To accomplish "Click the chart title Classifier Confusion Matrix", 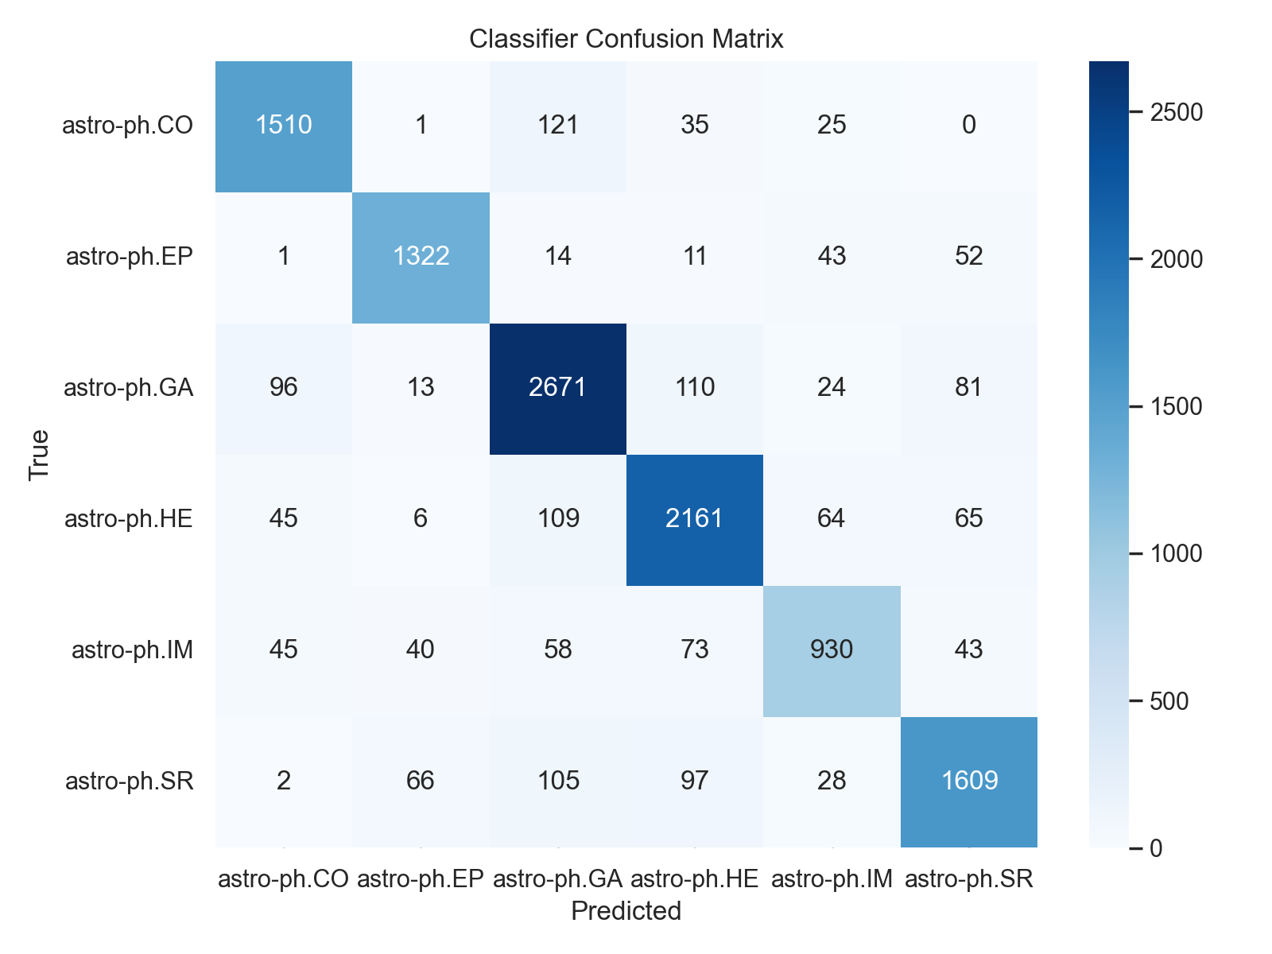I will [x=626, y=38].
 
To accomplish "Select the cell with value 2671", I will [x=558, y=387].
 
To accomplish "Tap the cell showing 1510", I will [x=284, y=125].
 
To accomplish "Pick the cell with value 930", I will [x=832, y=650].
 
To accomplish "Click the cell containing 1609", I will [x=969, y=781].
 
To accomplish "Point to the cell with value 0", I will [x=969, y=125].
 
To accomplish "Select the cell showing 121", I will [x=558, y=125].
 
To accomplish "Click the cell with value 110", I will [x=695, y=387].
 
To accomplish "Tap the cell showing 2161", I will [x=695, y=518].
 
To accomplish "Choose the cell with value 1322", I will [x=421, y=256].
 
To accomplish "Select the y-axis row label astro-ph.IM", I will [x=133, y=650].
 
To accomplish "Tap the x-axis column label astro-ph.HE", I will [x=695, y=878].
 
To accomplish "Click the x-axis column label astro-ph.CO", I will [x=284, y=878].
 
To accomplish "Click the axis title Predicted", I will [x=626, y=911].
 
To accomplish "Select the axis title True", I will [x=39, y=455].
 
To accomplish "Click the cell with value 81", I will [x=969, y=387].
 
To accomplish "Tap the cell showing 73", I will [x=695, y=650].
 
